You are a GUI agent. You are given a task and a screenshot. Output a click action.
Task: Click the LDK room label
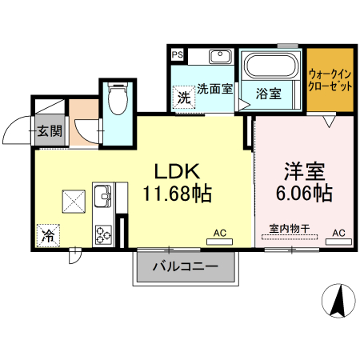[x=177, y=170]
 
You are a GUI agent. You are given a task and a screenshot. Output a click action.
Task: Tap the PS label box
[x=177, y=55]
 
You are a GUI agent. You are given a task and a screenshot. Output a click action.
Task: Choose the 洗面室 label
[x=214, y=89]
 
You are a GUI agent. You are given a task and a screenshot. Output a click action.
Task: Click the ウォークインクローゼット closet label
[x=330, y=79]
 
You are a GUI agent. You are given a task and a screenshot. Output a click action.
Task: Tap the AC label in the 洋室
[x=338, y=233]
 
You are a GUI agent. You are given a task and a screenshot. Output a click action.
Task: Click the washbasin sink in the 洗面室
[x=220, y=58]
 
